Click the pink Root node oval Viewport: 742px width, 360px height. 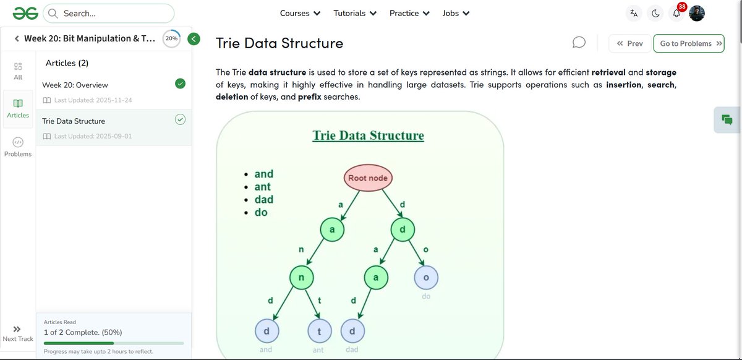[x=367, y=178]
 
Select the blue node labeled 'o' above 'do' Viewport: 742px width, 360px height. [x=425, y=278]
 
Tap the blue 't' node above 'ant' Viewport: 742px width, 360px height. [x=319, y=332]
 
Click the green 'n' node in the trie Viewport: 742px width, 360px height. [x=301, y=278]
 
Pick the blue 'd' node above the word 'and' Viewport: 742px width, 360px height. [x=267, y=332]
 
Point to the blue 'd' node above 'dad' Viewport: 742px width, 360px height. [x=352, y=332]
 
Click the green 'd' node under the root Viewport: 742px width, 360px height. [x=403, y=230]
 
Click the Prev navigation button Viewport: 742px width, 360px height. [x=629, y=43]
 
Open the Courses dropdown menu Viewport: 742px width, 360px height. [x=300, y=13]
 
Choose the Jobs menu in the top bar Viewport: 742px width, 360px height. [x=456, y=13]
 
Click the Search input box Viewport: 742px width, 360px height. [x=109, y=13]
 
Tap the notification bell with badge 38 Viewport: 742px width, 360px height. [x=676, y=13]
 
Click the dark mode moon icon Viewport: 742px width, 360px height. [x=655, y=13]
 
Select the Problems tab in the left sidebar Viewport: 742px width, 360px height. [x=18, y=147]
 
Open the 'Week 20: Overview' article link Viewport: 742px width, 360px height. [x=75, y=85]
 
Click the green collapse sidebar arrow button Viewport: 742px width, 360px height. [x=194, y=39]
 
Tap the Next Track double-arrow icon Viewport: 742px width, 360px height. [x=17, y=330]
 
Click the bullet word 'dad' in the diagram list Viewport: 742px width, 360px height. [x=263, y=199]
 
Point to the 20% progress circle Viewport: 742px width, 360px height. [x=171, y=38]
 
